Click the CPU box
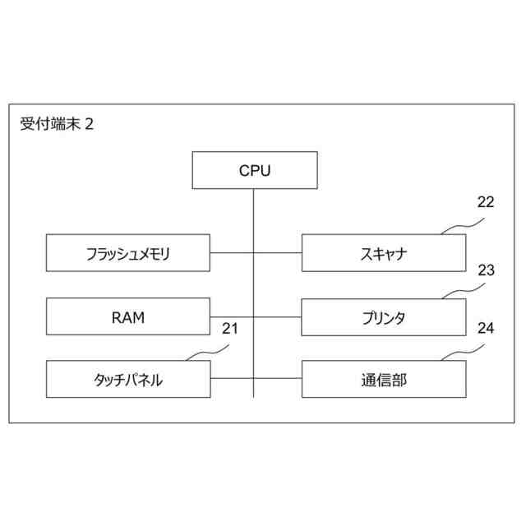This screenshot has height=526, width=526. point(254,170)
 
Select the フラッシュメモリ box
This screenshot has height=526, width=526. point(127,253)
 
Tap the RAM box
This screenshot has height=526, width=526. point(127,316)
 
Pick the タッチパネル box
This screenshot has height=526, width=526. point(127,380)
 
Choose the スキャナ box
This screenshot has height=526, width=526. point(383,253)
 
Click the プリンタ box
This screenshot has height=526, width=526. point(383,316)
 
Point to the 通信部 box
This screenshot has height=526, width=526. point(383,380)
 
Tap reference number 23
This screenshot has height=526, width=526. point(486,269)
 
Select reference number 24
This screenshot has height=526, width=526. point(486,330)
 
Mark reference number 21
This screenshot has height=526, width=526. point(230,330)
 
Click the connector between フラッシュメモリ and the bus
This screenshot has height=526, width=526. point(231,253)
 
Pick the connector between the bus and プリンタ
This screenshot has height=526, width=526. point(278,316)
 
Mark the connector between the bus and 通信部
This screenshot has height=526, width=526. point(278,380)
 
